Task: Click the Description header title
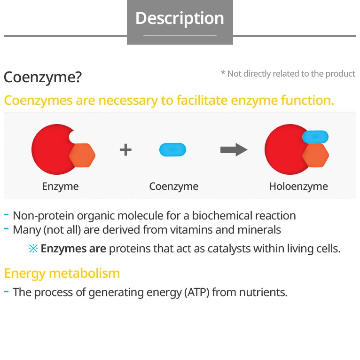tap(180, 18)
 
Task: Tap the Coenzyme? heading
tap(43, 77)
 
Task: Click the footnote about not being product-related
tap(288, 74)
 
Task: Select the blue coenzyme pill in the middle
tap(173, 150)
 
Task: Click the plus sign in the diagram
tap(125, 150)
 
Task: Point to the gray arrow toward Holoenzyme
tap(234, 150)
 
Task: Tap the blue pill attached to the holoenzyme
tap(315, 137)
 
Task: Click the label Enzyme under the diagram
tap(60, 186)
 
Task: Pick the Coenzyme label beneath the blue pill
tap(173, 186)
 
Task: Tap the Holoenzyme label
tap(298, 186)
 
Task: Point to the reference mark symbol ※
tap(33, 249)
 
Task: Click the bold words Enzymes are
tap(73, 249)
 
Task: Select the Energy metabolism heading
tap(62, 273)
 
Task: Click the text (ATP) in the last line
tap(196, 292)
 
